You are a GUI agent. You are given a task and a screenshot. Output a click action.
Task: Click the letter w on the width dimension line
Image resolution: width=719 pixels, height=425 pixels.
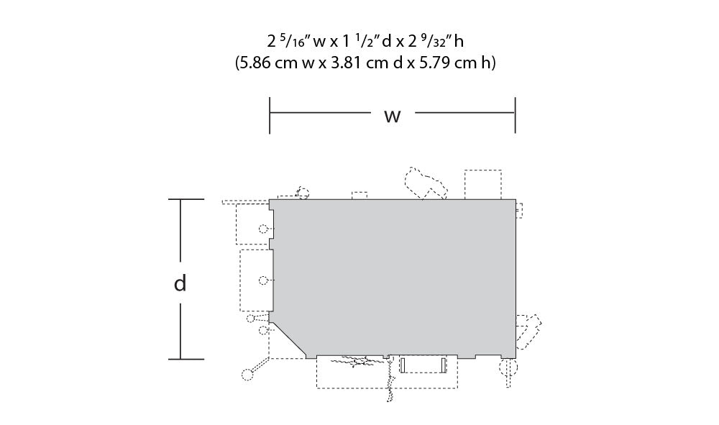(393, 116)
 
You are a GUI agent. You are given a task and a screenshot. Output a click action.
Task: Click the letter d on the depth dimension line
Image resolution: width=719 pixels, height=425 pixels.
(180, 283)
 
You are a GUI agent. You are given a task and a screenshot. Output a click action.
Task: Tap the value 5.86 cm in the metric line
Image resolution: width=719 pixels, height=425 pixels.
(267, 63)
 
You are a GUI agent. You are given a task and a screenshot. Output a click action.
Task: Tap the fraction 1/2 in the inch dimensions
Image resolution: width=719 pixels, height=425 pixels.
(365, 41)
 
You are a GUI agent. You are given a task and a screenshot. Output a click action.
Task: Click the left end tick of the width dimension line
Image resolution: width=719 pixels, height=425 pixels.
(270, 115)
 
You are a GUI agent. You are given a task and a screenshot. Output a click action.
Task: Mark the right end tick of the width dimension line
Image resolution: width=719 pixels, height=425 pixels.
(516, 115)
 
